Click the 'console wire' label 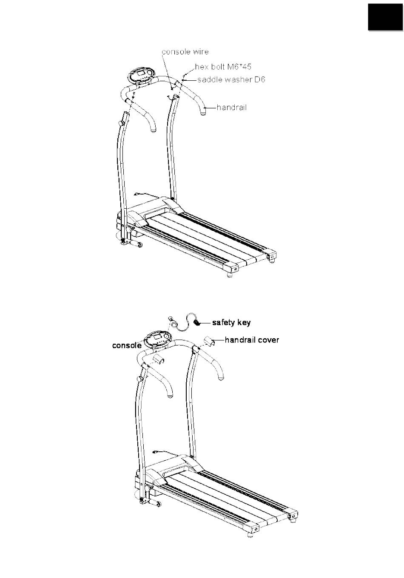(x=185, y=51)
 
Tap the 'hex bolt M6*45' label (x=223, y=67)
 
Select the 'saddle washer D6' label (x=231, y=79)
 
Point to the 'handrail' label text (x=232, y=108)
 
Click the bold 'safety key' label (x=231, y=323)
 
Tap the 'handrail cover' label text (x=252, y=340)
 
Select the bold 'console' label (x=127, y=346)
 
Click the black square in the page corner (x=385, y=17)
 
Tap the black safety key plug (x=197, y=322)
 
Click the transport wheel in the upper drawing (x=139, y=245)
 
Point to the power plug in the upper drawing (x=137, y=194)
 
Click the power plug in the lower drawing (x=156, y=451)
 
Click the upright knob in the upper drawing (x=120, y=122)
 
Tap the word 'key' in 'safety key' (x=244, y=323)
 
